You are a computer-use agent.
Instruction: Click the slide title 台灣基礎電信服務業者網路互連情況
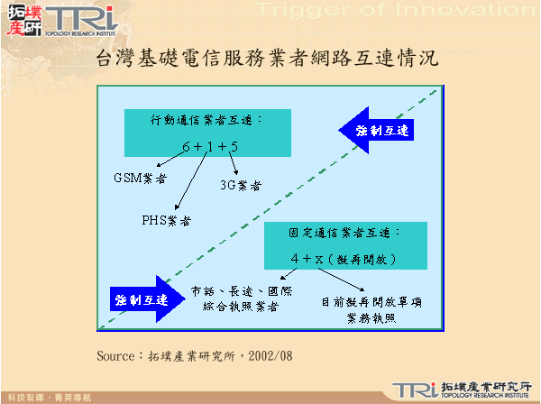[268, 60]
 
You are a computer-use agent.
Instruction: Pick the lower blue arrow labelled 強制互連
[139, 298]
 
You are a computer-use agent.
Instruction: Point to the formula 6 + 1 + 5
[209, 145]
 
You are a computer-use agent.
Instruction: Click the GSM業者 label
[140, 179]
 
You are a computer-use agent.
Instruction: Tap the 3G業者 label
[240, 186]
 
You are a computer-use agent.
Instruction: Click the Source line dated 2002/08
[195, 356]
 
